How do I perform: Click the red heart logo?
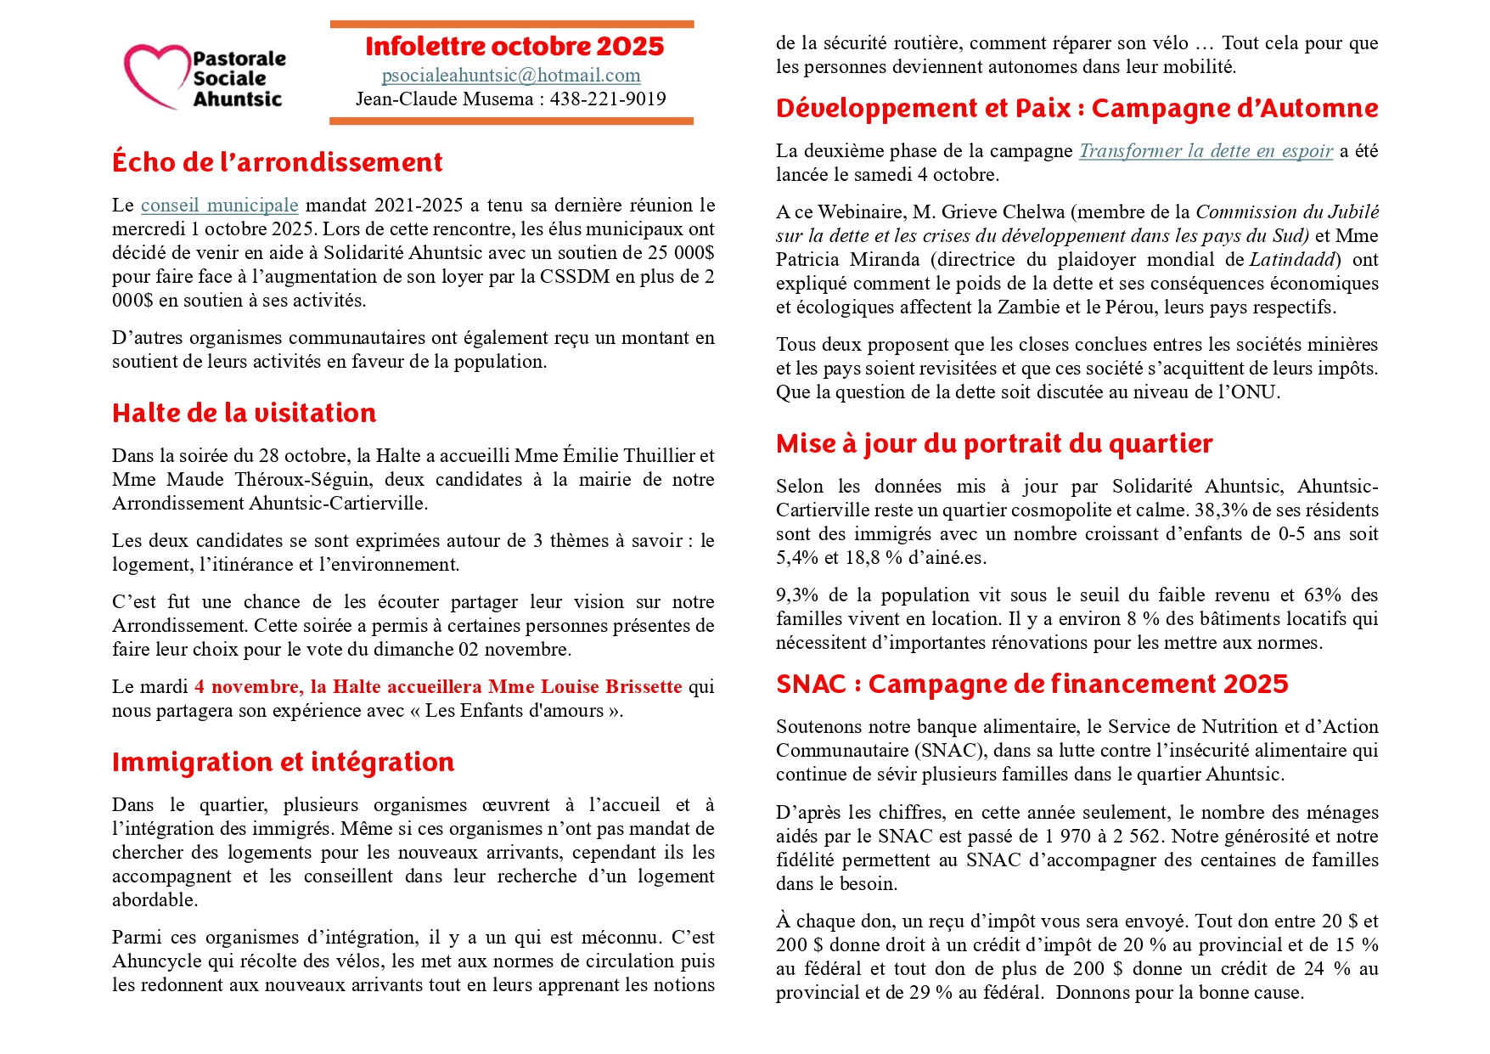pyautogui.click(x=156, y=75)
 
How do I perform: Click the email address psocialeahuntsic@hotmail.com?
pyautogui.click(x=511, y=76)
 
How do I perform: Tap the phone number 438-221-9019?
pyautogui.click(x=608, y=99)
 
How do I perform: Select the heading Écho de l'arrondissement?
pyautogui.click(x=278, y=162)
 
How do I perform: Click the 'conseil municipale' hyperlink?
pyautogui.click(x=219, y=206)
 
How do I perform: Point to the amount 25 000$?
pyautogui.click(x=683, y=253)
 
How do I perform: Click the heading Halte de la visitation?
pyautogui.click(x=245, y=414)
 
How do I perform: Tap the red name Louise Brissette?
pyautogui.click(x=611, y=687)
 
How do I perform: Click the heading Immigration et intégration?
pyautogui.click(x=283, y=763)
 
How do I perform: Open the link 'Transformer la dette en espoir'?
pyautogui.click(x=1206, y=151)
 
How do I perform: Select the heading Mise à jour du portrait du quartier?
pyautogui.click(x=994, y=444)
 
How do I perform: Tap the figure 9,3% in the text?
pyautogui.click(x=796, y=595)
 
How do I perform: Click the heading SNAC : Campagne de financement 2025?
pyautogui.click(x=1032, y=685)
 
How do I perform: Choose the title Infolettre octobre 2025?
pyautogui.click(x=514, y=47)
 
